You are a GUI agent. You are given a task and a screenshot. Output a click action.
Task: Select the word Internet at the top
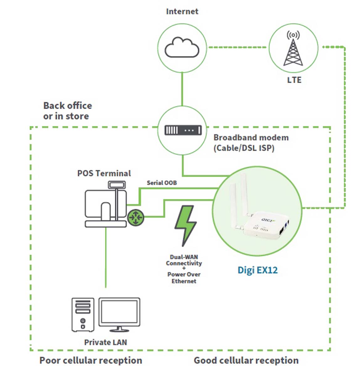pos(182,12)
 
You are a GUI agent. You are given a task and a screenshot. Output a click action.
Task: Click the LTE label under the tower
pos(294,80)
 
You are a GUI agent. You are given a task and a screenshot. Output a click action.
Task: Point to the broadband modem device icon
pos(183,130)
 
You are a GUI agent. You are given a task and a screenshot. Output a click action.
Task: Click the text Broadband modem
pos(251,138)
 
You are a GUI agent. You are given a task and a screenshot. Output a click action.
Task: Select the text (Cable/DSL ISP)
pos(244,148)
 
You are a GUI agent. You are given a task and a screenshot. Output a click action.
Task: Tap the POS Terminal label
pos(104,173)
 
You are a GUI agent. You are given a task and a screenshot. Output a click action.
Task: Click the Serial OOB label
pos(162,183)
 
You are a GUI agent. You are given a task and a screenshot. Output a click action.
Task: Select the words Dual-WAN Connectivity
pos(184,260)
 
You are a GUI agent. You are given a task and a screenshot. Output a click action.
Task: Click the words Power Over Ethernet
pos(184,278)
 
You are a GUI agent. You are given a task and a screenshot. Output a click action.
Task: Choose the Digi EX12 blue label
pos(258,270)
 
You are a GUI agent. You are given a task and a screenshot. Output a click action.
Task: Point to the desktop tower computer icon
pos(83,315)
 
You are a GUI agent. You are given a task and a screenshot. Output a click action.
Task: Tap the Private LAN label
pos(106,342)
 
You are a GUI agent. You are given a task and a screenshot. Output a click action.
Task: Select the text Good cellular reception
pos(246,360)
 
